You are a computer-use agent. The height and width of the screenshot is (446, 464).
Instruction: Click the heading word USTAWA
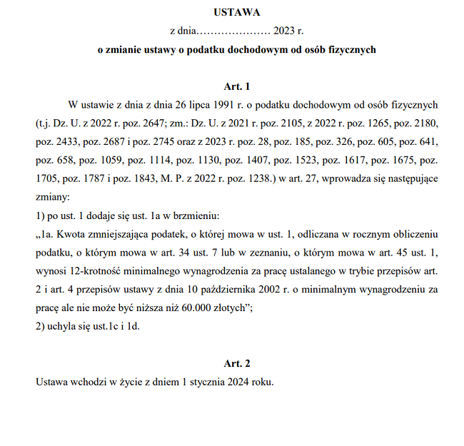click(236, 12)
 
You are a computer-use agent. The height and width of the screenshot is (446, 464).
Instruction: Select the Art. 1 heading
click(236, 87)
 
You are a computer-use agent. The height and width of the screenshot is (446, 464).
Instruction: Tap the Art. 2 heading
click(236, 363)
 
